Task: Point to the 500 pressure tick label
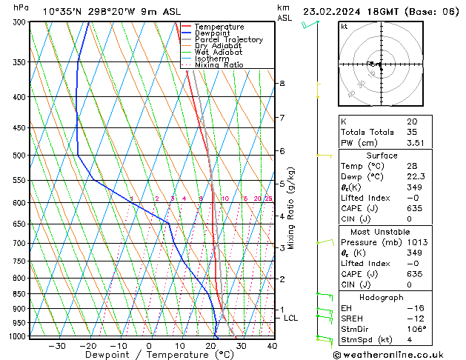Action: click(21, 156)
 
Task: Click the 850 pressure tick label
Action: click(21, 294)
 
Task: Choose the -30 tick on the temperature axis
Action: click(57, 345)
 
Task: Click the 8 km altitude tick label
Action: click(282, 84)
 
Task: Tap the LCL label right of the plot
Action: click(291, 318)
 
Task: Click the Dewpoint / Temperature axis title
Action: click(150, 355)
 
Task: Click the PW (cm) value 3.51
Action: click(414, 143)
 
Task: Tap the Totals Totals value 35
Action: click(410, 132)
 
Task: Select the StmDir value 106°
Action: click(416, 329)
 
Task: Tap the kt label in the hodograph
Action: click(344, 27)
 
